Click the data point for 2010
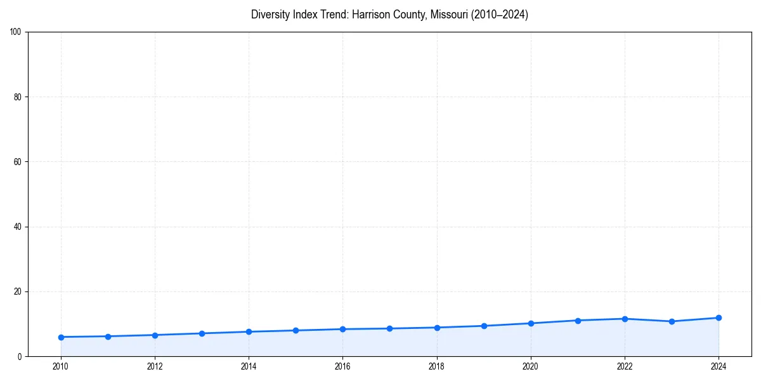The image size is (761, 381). point(61,337)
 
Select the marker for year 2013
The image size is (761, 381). point(202,333)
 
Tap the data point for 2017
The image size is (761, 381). point(389,328)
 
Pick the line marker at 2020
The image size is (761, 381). point(531,323)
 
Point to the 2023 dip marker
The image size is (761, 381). point(672,321)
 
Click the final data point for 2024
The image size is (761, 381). point(719,317)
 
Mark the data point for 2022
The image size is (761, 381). point(625,319)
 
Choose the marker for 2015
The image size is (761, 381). point(296,330)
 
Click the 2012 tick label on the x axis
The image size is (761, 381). point(155,366)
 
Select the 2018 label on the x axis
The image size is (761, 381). point(436,366)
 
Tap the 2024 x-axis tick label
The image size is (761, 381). point(719,366)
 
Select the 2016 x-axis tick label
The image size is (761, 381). point(342,366)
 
